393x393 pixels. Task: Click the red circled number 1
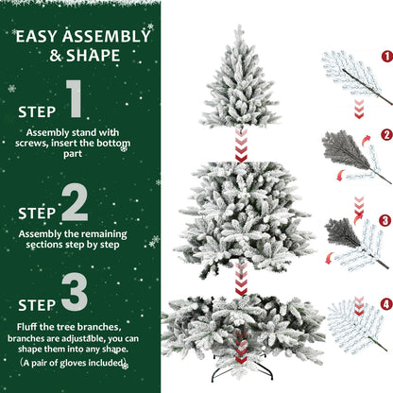pos(385,55)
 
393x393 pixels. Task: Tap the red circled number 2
pos(385,135)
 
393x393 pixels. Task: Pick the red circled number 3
pos(385,219)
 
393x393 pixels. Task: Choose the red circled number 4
pos(385,304)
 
